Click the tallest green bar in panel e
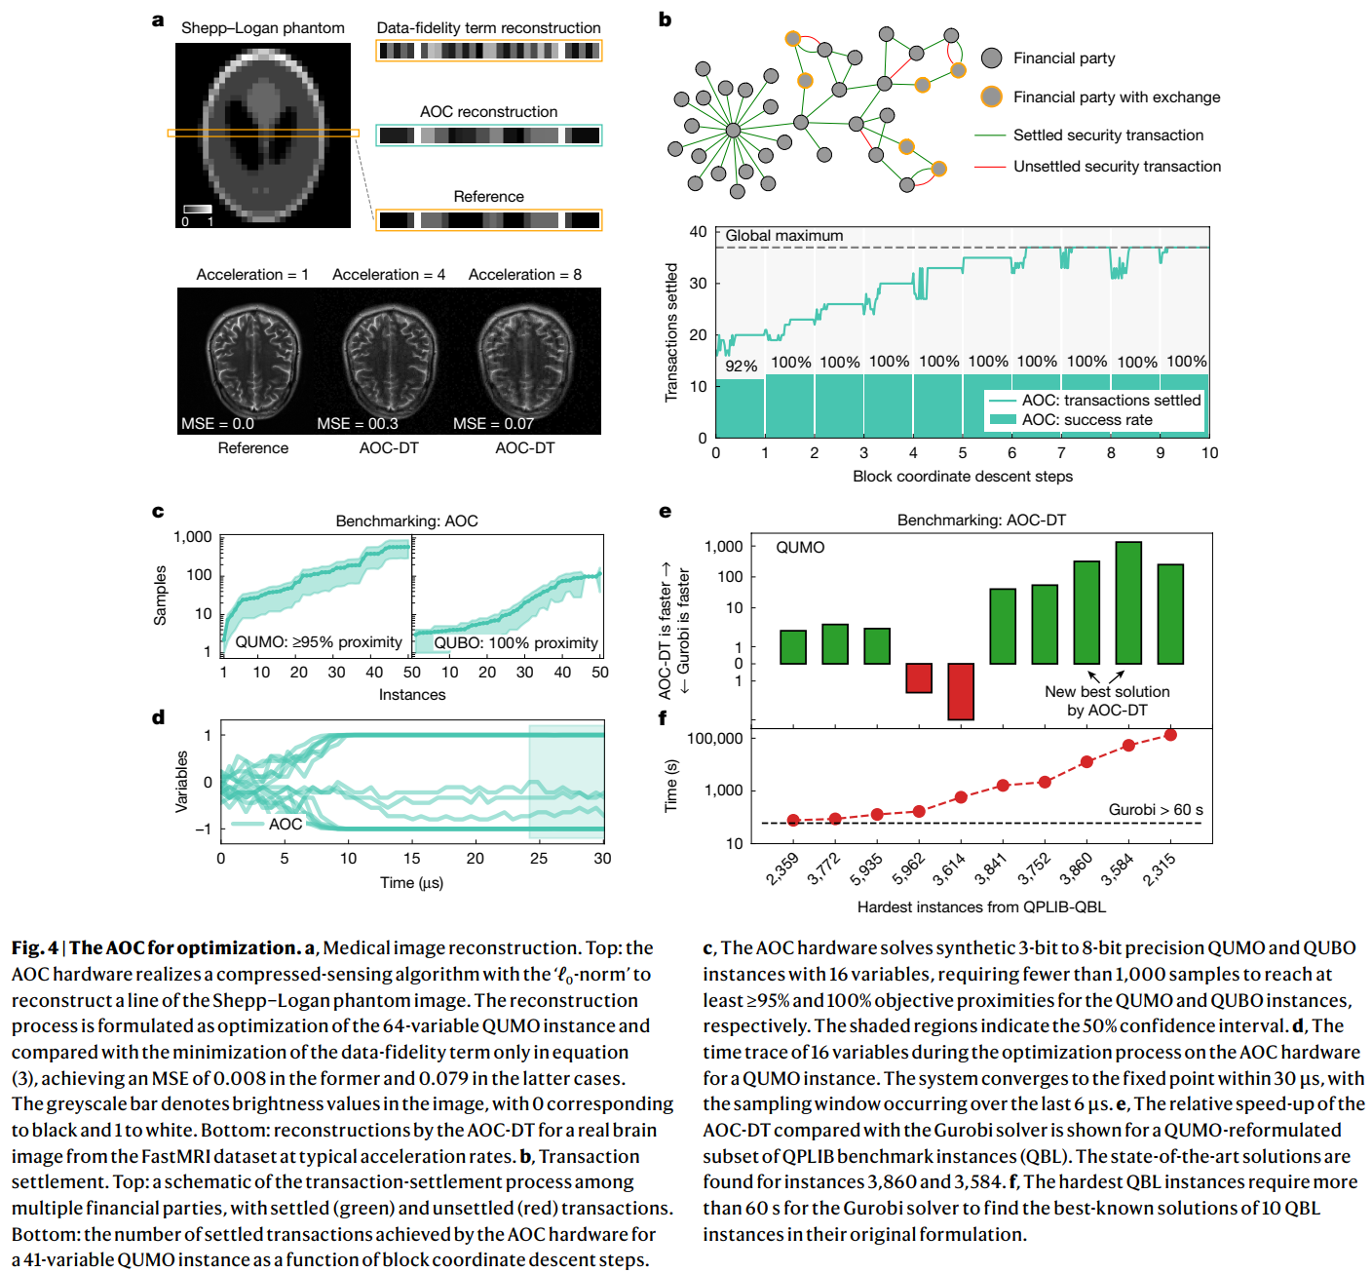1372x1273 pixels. [x=1128, y=602]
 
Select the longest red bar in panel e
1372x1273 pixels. [x=961, y=691]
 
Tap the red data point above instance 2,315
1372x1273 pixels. [x=1170, y=734]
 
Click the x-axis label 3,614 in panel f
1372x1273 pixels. [x=949, y=868]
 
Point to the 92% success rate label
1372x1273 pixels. [x=741, y=366]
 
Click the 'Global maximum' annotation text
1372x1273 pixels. [x=783, y=236]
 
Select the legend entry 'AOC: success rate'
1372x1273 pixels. [x=1086, y=420]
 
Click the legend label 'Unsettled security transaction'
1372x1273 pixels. [x=1117, y=167]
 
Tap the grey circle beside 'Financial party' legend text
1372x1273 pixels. [x=991, y=58]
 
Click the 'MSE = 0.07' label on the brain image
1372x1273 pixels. [x=493, y=423]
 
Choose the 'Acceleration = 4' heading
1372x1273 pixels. [x=389, y=275]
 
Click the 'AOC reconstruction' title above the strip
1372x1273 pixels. [x=488, y=112]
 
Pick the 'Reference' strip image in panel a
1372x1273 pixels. [x=489, y=220]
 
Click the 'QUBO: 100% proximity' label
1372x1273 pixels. [x=515, y=642]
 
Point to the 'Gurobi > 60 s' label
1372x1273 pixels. [x=1155, y=810]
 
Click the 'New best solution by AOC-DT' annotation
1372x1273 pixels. [x=1107, y=701]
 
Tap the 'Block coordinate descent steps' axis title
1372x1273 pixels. [x=963, y=477]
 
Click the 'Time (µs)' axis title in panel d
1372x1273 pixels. [x=411, y=883]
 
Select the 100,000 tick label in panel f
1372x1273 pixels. [x=714, y=739]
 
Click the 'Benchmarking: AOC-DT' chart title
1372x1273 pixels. [x=981, y=521]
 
